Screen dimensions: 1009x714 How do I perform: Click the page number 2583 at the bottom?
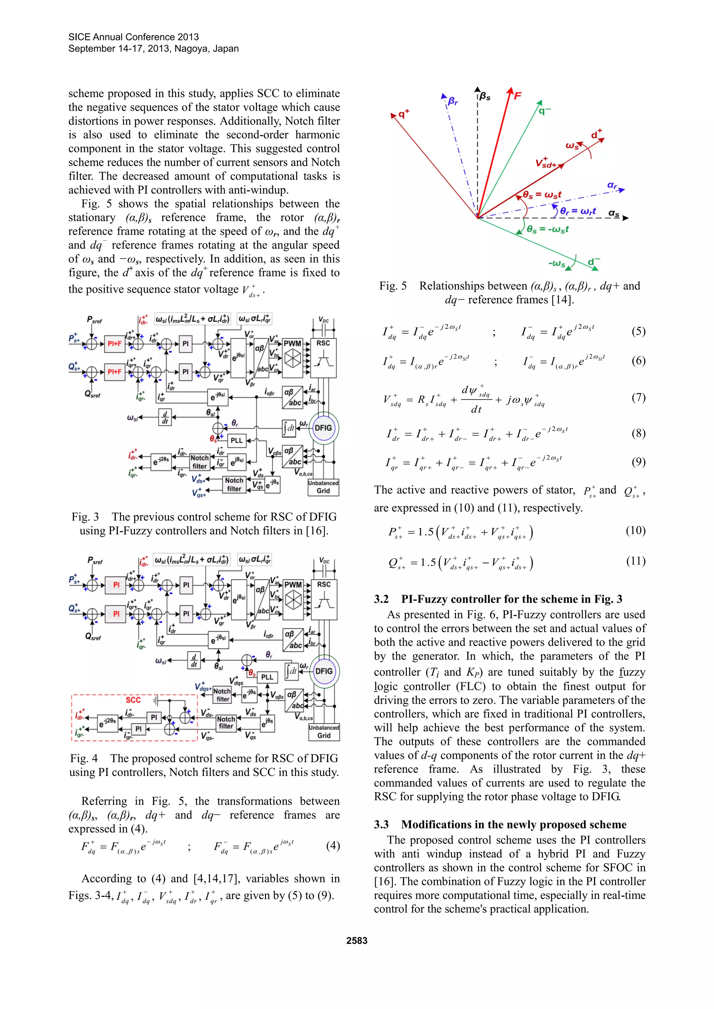357,940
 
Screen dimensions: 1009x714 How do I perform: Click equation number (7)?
638,398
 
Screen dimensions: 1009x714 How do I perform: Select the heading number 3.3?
381,824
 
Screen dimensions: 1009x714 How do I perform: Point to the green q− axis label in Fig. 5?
544,111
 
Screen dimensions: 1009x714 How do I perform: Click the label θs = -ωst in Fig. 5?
547,229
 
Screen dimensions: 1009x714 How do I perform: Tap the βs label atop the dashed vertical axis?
485,96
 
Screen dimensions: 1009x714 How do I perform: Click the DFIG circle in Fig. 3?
323,428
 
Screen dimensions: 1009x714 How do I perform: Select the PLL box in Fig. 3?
236,440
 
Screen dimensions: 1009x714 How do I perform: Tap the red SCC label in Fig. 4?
133,700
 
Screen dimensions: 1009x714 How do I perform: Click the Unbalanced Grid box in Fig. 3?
323,487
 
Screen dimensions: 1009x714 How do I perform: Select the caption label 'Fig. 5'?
393,286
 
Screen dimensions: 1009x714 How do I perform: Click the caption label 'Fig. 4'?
84,758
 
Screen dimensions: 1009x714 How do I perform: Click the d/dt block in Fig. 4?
193,660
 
